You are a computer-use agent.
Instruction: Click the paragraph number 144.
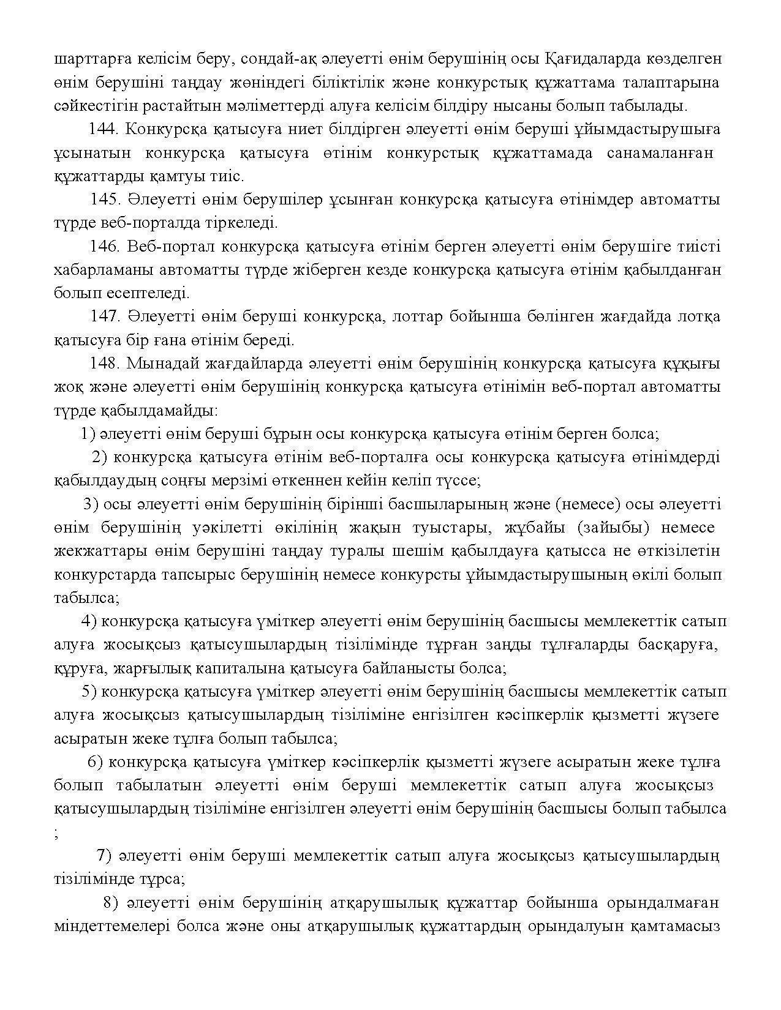coord(105,130)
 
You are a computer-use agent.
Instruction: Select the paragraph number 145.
coord(106,200)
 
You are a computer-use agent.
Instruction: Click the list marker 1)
coord(88,434)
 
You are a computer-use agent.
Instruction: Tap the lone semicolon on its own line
coord(57,832)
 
